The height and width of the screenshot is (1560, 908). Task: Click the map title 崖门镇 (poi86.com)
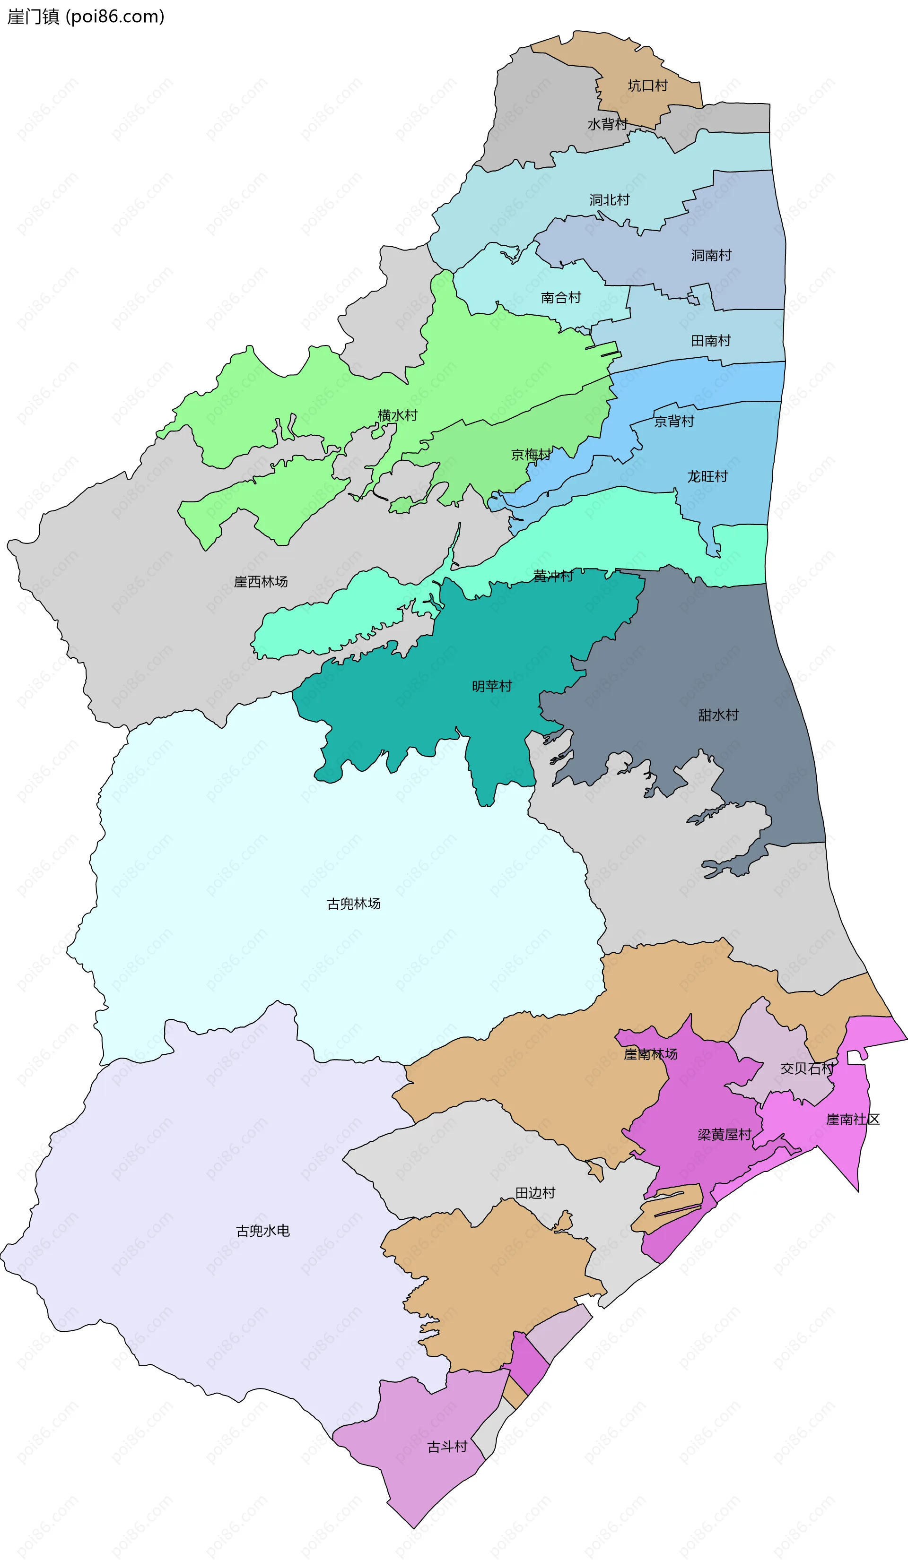point(86,17)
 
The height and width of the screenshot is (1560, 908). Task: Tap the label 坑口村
point(647,86)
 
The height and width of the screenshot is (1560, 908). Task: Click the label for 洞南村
point(711,255)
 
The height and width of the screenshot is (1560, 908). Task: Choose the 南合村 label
point(560,298)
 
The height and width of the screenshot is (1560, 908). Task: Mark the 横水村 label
point(397,415)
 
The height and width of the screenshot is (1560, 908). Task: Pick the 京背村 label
point(674,422)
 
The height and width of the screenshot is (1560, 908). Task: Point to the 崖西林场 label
point(261,582)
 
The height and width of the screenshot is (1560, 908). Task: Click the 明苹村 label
point(492,686)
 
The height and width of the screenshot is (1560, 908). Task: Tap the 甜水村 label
point(718,715)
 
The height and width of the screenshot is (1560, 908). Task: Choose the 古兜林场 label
point(354,904)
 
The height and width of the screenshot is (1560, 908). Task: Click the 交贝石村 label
point(806,1069)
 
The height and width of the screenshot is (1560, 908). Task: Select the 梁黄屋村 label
point(724,1135)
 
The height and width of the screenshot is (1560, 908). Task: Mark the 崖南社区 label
point(852,1119)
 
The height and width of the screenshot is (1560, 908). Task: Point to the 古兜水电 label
point(262,1231)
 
